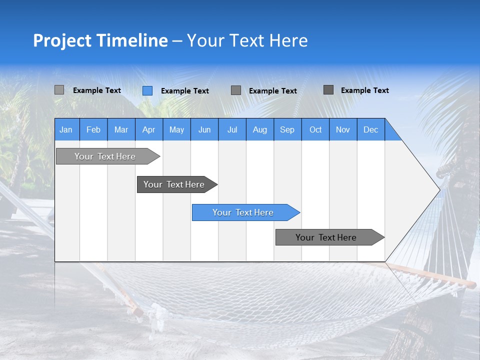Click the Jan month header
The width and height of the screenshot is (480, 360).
(66, 129)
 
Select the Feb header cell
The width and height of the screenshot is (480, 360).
(93, 129)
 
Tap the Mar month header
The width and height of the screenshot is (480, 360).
(121, 129)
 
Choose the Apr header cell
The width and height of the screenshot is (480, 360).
(149, 129)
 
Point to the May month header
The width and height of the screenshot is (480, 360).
(176, 129)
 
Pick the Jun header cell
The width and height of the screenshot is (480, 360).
(204, 129)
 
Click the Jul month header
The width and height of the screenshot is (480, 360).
(232, 129)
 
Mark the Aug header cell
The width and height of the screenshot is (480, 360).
(260, 129)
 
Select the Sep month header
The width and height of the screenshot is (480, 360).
(287, 129)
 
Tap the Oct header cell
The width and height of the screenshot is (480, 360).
(315, 129)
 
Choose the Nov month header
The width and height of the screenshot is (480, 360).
(343, 129)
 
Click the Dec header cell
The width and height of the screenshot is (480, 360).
(371, 129)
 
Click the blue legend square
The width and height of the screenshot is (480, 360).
(147, 90)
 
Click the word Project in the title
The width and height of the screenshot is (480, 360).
(62, 40)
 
